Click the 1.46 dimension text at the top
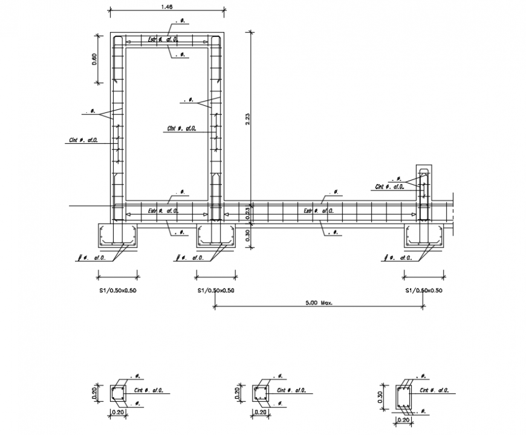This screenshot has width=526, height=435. (x=167, y=7)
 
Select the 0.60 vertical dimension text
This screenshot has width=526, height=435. (x=94, y=59)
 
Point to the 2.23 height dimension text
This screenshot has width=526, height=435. (x=247, y=120)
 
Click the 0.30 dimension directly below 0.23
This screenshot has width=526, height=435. (x=247, y=234)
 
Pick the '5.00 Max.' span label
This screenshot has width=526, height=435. (x=318, y=303)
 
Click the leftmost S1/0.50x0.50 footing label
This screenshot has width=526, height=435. (x=117, y=291)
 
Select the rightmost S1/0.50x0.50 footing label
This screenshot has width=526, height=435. (x=424, y=291)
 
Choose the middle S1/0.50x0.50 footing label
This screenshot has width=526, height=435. (x=216, y=291)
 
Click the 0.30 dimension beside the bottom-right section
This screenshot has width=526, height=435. (x=382, y=397)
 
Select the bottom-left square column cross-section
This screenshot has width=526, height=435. (x=119, y=394)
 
